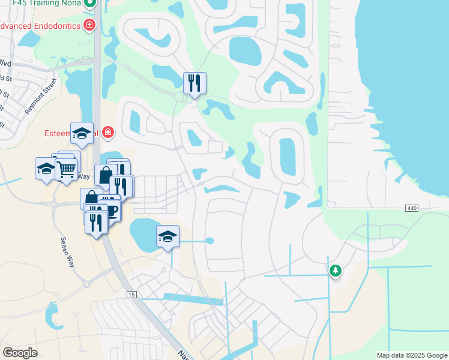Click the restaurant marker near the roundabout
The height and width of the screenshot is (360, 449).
(x=194, y=83)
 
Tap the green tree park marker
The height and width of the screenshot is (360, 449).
(x=335, y=271)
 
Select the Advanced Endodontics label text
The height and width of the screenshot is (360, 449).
(x=40, y=25)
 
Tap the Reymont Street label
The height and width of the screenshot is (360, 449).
(x=41, y=96)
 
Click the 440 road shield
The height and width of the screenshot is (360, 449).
(x=411, y=208)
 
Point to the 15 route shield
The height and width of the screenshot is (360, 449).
(x=131, y=294)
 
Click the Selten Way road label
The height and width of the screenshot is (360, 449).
(x=67, y=251)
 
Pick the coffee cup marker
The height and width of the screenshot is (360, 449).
(x=112, y=211)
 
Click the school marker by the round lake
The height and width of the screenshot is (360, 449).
(x=168, y=236)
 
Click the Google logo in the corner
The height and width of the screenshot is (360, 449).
(x=20, y=353)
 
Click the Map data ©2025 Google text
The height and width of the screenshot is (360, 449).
(x=412, y=355)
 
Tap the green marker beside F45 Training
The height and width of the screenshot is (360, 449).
(x=90, y=3)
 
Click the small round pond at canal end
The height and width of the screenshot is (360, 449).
(x=209, y=241)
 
